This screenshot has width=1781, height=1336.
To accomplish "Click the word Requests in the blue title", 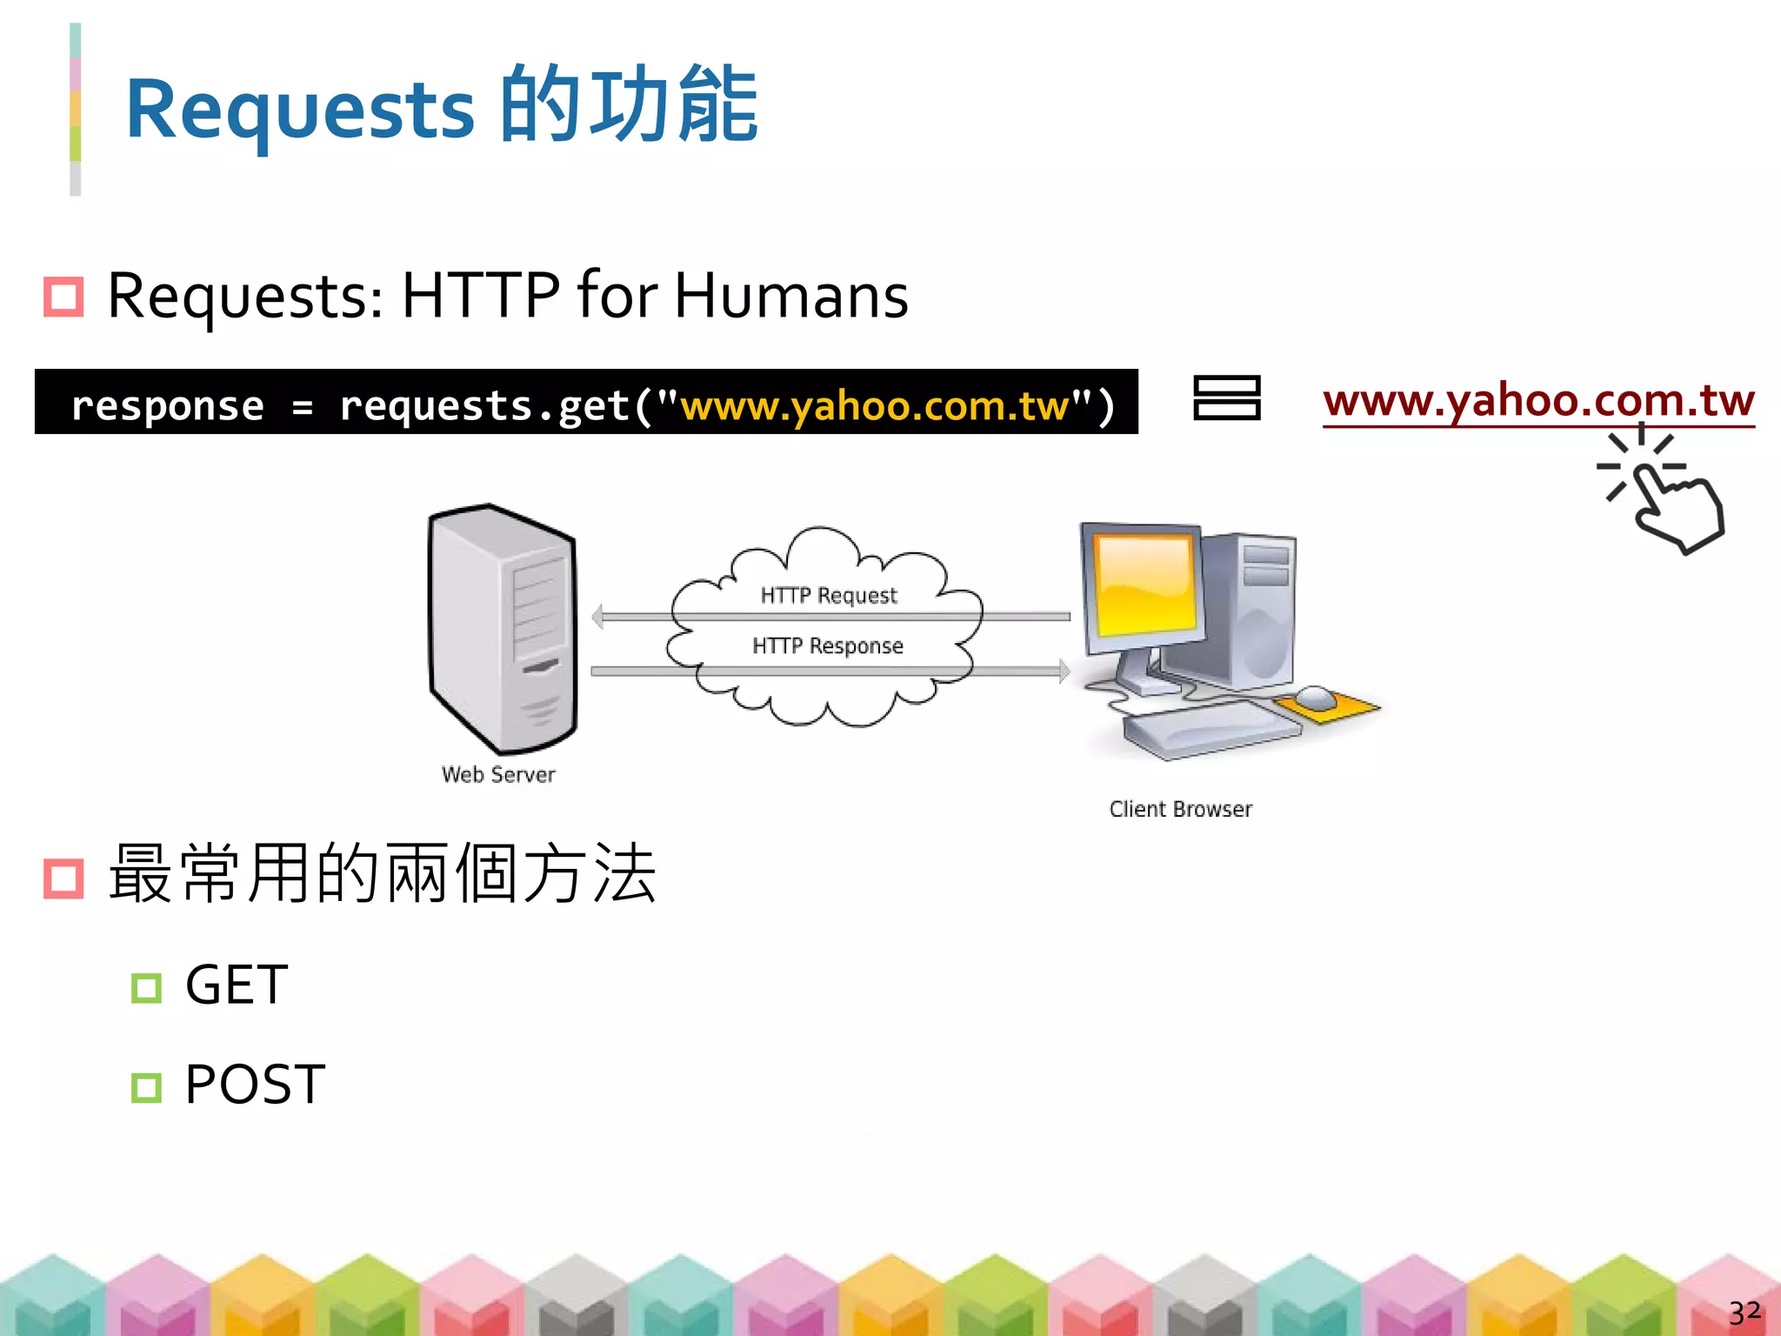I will [x=300, y=109].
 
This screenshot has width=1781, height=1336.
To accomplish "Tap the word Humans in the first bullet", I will [x=790, y=296].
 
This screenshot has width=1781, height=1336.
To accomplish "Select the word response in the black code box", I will [x=167, y=405].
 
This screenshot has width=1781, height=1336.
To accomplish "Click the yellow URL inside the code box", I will [x=875, y=405].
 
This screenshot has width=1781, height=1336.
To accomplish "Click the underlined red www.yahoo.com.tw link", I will [x=1538, y=400].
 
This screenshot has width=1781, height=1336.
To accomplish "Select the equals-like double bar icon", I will [x=1226, y=397].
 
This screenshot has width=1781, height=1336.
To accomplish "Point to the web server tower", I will [x=501, y=628].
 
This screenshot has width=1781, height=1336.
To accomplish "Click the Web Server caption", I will [x=498, y=774].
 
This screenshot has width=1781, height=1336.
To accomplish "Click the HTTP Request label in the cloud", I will [x=828, y=595].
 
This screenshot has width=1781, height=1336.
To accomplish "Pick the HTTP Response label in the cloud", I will [x=828, y=645].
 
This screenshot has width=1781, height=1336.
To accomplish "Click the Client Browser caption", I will [x=1180, y=809].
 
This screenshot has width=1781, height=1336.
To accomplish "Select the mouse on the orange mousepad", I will [x=1315, y=698].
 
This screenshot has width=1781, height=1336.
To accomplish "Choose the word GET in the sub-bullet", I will [x=237, y=985].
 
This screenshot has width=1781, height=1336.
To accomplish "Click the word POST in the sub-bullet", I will [x=255, y=1085].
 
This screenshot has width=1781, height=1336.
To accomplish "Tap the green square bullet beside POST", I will [x=146, y=1087].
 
